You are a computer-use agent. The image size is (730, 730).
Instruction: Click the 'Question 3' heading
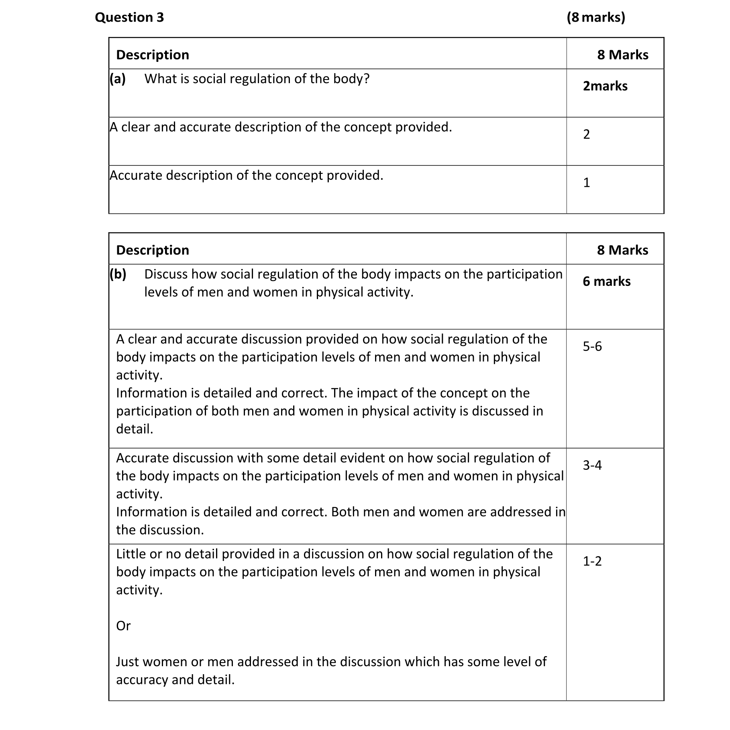coord(129,17)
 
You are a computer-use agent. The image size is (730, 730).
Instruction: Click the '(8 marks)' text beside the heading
coord(596,17)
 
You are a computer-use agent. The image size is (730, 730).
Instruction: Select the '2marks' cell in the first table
coord(605,86)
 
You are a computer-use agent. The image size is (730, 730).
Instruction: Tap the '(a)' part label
coord(118,79)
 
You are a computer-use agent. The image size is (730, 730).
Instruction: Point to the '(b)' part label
coord(118,274)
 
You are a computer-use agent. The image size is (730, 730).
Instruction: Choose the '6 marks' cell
coord(606,281)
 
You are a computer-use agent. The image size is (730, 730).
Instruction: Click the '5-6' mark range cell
coord(592,346)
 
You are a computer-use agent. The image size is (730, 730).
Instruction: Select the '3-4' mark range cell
coord(592,465)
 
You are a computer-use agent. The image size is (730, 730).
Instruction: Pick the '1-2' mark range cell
coord(592,561)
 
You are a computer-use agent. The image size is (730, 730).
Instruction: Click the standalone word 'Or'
coord(123,626)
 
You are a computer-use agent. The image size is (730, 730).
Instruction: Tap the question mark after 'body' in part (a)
coord(366,79)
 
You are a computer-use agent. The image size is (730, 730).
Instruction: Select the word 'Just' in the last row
coord(128,662)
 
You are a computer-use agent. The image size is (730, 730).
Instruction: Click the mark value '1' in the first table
coord(587,183)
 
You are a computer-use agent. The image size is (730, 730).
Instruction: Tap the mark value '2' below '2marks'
coord(587,135)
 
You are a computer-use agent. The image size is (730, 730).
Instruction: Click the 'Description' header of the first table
coord(153,55)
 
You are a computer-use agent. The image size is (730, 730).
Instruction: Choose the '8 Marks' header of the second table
coord(622,250)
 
